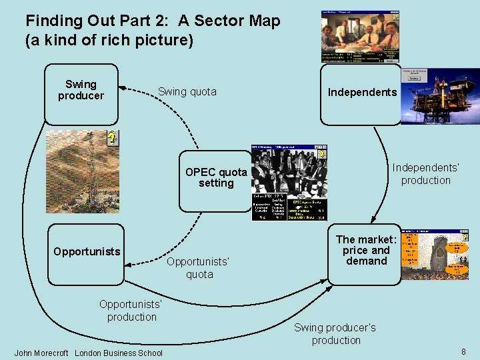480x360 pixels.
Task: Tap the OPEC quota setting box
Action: click(215, 180)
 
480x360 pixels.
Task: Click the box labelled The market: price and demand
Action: click(366, 252)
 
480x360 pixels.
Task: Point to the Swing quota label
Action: click(187, 91)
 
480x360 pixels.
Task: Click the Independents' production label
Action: click(425, 174)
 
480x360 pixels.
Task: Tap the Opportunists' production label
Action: click(131, 311)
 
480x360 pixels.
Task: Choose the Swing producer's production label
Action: click(335, 333)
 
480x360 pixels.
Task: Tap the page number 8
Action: click(463, 351)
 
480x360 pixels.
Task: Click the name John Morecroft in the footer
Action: click(41, 353)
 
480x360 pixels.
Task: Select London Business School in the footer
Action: click(119, 353)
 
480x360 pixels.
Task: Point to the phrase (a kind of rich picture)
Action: click(109, 40)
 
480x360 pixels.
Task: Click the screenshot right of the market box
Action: click(432, 255)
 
